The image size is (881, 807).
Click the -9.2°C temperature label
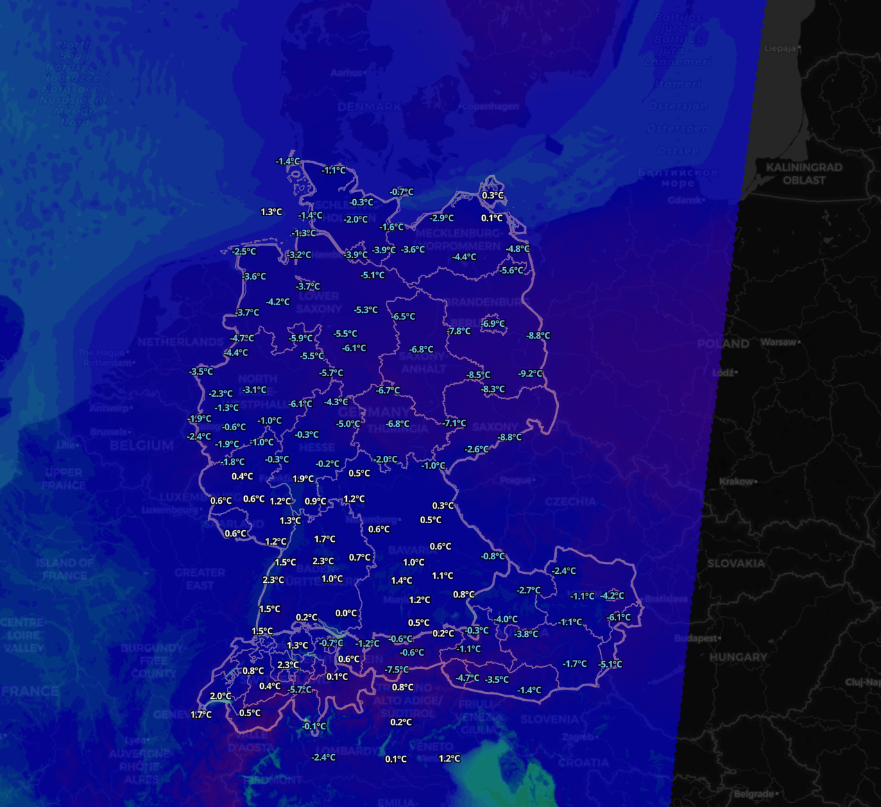click(530, 373)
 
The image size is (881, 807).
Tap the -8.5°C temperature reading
click(478, 375)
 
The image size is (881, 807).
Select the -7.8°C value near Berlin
click(459, 331)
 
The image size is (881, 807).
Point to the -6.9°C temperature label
click(493, 323)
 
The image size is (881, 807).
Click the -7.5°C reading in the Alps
click(396, 670)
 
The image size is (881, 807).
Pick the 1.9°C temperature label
click(303, 479)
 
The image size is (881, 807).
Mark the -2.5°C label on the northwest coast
click(243, 251)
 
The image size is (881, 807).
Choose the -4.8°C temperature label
click(518, 248)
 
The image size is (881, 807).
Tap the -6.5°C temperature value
click(403, 316)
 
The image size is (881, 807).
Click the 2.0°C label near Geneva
click(221, 696)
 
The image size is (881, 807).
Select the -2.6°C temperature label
click(477, 449)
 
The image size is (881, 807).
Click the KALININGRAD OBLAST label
click(804, 173)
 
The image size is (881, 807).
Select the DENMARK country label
click(369, 107)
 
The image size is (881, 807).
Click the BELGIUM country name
click(142, 445)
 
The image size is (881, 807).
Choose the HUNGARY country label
click(738, 656)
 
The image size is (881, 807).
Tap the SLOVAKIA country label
click(736, 563)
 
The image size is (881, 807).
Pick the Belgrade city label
click(754, 793)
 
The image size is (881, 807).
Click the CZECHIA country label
click(570, 501)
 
